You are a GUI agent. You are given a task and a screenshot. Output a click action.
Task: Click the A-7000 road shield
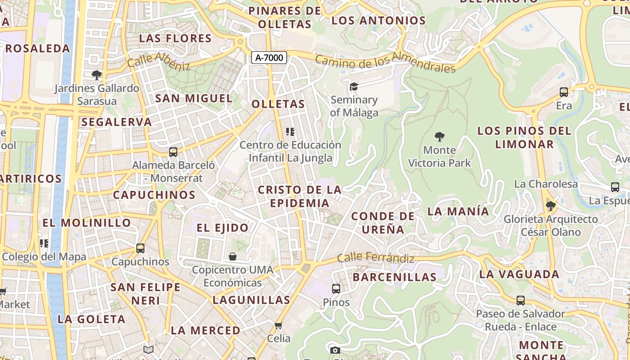pyautogui.click(x=269, y=58)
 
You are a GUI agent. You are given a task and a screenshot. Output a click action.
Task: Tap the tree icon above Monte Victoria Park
pyautogui.click(x=440, y=136)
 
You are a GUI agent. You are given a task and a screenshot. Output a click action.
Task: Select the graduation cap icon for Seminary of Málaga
pyautogui.click(x=354, y=86)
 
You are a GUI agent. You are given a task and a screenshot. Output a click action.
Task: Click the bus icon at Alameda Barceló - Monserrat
pyautogui.click(x=173, y=152)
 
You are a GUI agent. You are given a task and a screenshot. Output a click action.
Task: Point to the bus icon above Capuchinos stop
pyautogui.click(x=140, y=248)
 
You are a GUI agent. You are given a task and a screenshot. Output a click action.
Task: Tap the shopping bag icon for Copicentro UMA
pyautogui.click(x=233, y=256)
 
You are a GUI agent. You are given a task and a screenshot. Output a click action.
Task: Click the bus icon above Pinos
pyautogui.click(x=336, y=288)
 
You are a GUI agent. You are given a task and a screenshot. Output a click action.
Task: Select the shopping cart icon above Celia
pyautogui.click(x=279, y=325)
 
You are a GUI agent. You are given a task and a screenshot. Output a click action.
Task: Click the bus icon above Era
pyautogui.click(x=564, y=92)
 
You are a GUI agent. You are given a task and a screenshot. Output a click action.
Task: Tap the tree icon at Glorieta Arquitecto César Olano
pyautogui.click(x=550, y=206)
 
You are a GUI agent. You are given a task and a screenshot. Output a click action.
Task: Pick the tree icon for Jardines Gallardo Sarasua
pyautogui.click(x=96, y=75)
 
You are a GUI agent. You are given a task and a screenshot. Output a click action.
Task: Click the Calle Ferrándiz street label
pyautogui.click(x=375, y=258)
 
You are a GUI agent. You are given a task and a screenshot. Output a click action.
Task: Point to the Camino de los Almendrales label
pyautogui.click(x=385, y=63)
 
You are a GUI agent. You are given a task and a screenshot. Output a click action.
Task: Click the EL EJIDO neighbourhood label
pyautogui.click(x=222, y=228)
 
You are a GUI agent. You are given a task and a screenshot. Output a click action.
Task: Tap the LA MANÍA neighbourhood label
pyautogui.click(x=458, y=211)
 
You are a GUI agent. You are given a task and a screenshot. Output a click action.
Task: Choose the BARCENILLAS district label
pyautogui.click(x=394, y=277)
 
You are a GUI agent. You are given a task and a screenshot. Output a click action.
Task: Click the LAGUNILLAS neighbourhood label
pyautogui.click(x=251, y=300)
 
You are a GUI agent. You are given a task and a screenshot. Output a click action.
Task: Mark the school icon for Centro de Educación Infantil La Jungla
pyautogui.click(x=290, y=132)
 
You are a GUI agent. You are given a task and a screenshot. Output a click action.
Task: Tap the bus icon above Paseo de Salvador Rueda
pyautogui.click(x=521, y=300)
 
